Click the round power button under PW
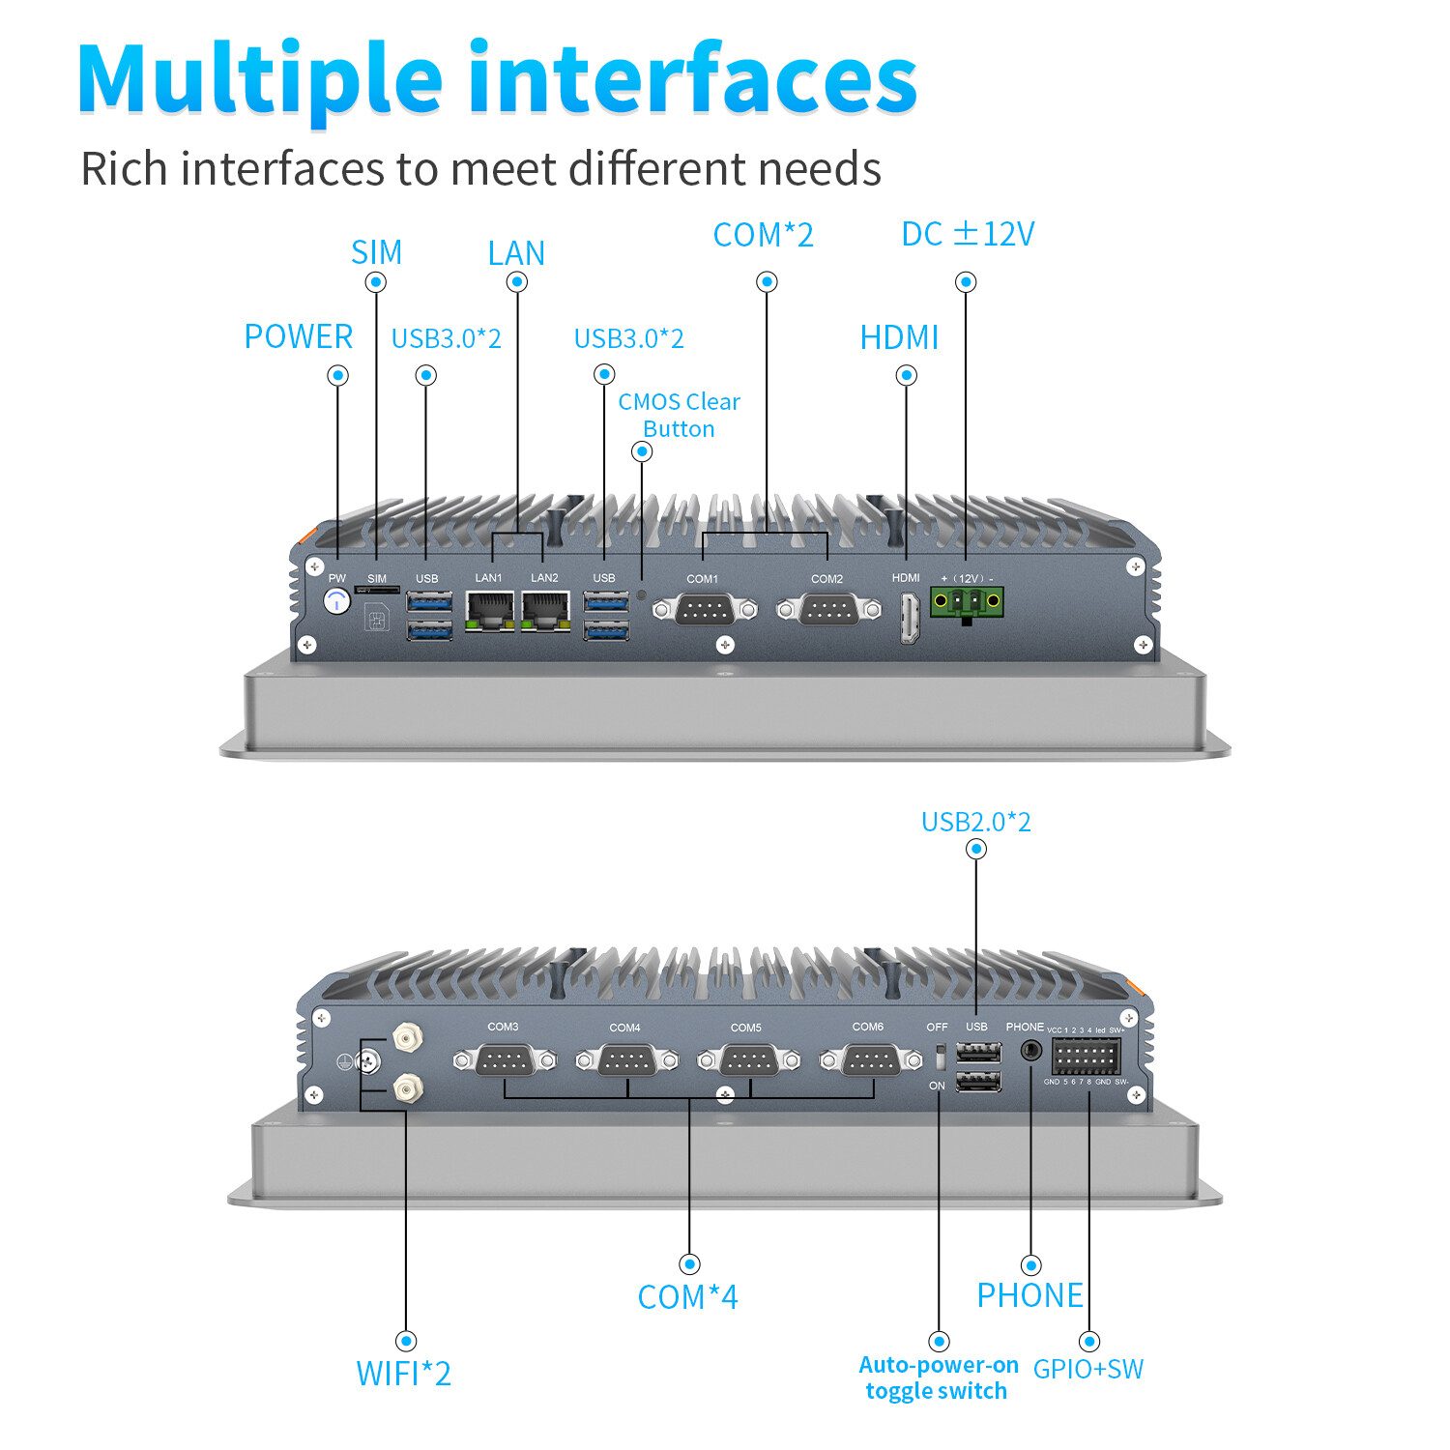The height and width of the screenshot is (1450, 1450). tap(336, 601)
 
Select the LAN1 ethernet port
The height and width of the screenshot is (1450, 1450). tap(489, 611)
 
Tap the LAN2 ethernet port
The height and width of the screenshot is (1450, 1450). tap(545, 611)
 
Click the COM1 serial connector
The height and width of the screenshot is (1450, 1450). tap(704, 610)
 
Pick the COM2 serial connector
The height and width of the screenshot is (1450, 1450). tap(828, 610)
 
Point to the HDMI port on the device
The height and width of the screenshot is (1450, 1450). tap(909, 618)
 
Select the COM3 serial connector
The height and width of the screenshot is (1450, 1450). tap(505, 1060)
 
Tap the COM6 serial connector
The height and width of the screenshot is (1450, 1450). tap(870, 1060)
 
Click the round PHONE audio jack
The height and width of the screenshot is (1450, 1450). tap(1031, 1050)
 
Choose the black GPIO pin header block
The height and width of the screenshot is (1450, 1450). tap(1086, 1057)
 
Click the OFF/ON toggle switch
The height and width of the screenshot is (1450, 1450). tap(938, 1057)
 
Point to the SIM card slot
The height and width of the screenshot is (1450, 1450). tap(377, 589)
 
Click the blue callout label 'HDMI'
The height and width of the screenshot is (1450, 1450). tap(899, 337)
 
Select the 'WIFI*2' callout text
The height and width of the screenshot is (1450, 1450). tap(403, 1374)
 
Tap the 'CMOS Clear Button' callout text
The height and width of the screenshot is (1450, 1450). tap(679, 415)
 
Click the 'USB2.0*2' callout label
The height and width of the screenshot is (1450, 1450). tap(975, 822)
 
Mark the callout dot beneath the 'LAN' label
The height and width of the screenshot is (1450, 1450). tap(517, 282)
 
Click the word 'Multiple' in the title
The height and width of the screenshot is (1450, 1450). tap(260, 79)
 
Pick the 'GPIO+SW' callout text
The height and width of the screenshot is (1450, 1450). tap(1087, 1369)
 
